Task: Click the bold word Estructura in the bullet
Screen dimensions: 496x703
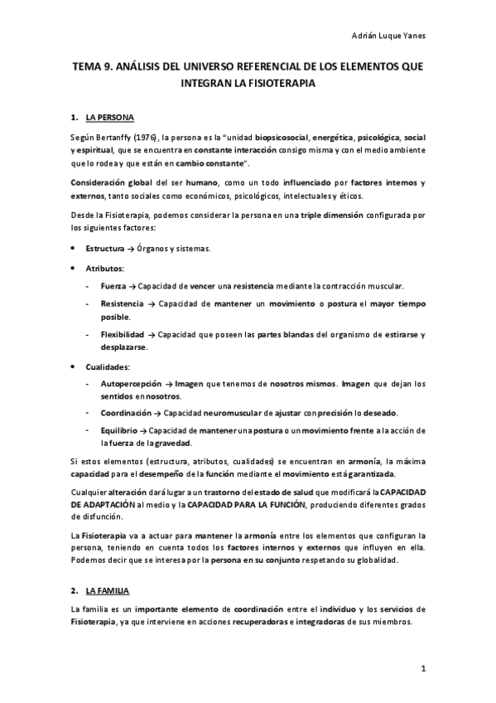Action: pyautogui.click(x=105, y=247)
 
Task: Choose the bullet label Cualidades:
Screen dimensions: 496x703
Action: pyautogui.click(x=108, y=366)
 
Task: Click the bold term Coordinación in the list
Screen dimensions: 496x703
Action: pyautogui.click(x=126, y=412)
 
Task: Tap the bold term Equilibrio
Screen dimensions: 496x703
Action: pyautogui.click(x=119, y=430)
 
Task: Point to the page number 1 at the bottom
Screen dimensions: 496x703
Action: pyautogui.click(x=421, y=668)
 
